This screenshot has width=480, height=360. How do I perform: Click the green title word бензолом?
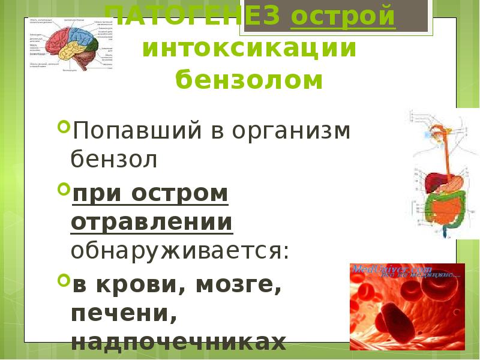[x=249, y=80]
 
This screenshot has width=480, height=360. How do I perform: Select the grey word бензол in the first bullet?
[x=114, y=159]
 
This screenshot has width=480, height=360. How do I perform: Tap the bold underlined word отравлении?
[x=152, y=222]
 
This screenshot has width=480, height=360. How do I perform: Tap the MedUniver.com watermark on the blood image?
[x=384, y=269]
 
